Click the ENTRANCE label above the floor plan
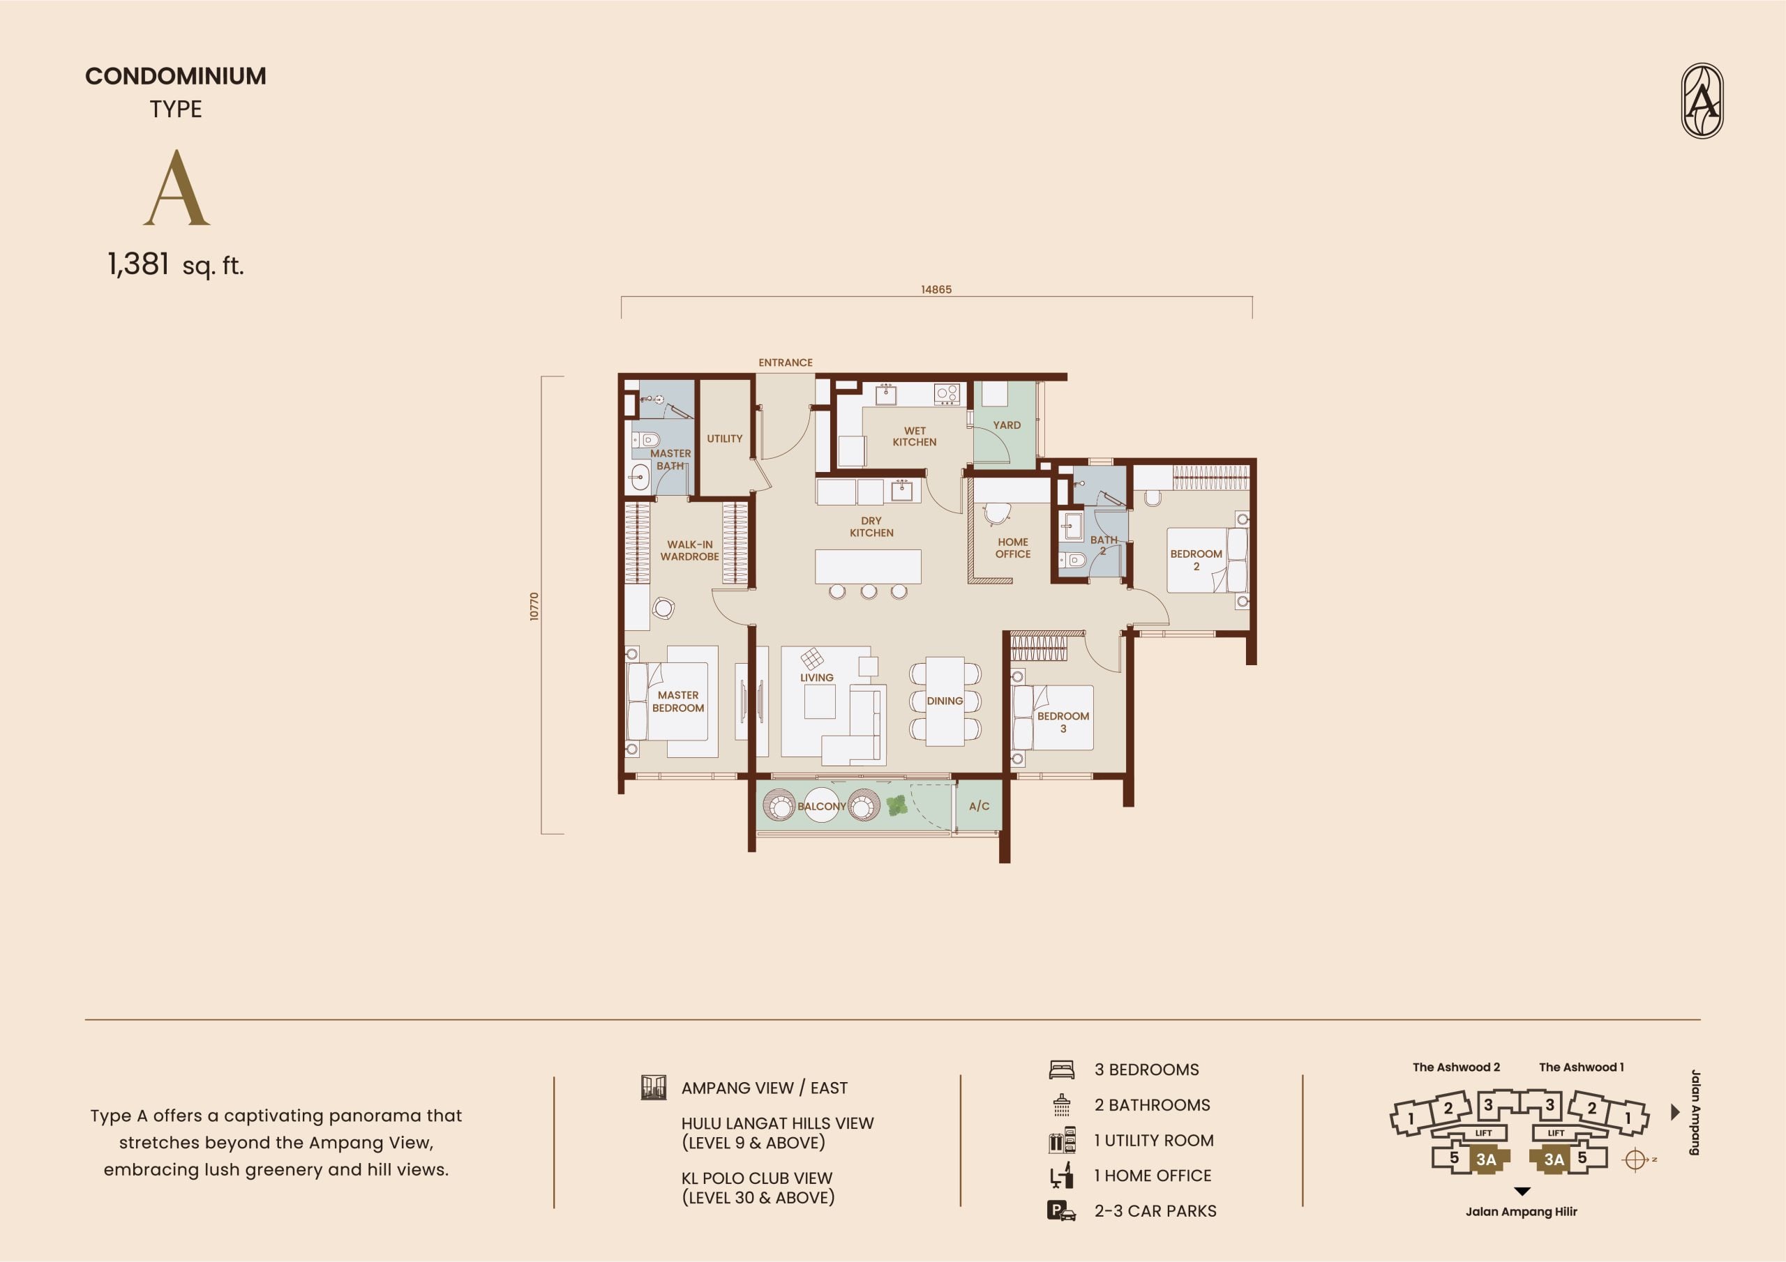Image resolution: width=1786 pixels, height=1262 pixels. click(x=785, y=363)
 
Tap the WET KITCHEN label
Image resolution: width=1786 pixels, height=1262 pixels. click(x=915, y=436)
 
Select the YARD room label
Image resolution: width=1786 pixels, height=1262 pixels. click(x=1007, y=425)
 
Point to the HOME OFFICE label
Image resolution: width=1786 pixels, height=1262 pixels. click(x=1013, y=548)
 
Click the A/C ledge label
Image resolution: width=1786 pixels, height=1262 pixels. click(x=980, y=806)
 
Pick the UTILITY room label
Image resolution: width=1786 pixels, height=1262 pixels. click(x=724, y=439)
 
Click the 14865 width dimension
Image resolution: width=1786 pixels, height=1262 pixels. click(x=936, y=289)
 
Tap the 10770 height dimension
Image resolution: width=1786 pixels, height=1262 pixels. click(x=534, y=607)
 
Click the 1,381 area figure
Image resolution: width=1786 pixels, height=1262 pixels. click(x=138, y=264)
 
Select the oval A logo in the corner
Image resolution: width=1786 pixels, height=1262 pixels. click(x=1702, y=101)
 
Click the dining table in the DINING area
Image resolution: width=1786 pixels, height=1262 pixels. click(x=945, y=701)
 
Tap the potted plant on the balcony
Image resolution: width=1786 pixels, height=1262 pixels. click(x=897, y=805)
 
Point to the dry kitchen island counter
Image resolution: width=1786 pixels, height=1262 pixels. click(x=868, y=566)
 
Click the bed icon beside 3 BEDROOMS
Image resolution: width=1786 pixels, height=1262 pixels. click(x=1061, y=1070)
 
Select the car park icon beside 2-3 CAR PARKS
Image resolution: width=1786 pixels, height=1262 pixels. click(x=1061, y=1210)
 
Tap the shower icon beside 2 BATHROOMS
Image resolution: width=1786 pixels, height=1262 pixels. click(x=1062, y=1105)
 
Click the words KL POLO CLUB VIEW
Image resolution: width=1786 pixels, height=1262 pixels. click(x=757, y=1178)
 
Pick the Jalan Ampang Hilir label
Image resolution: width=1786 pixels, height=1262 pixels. click(x=1522, y=1212)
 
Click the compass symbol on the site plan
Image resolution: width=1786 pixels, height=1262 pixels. click(x=1635, y=1160)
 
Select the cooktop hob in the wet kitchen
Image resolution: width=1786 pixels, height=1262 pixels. click(x=947, y=393)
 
